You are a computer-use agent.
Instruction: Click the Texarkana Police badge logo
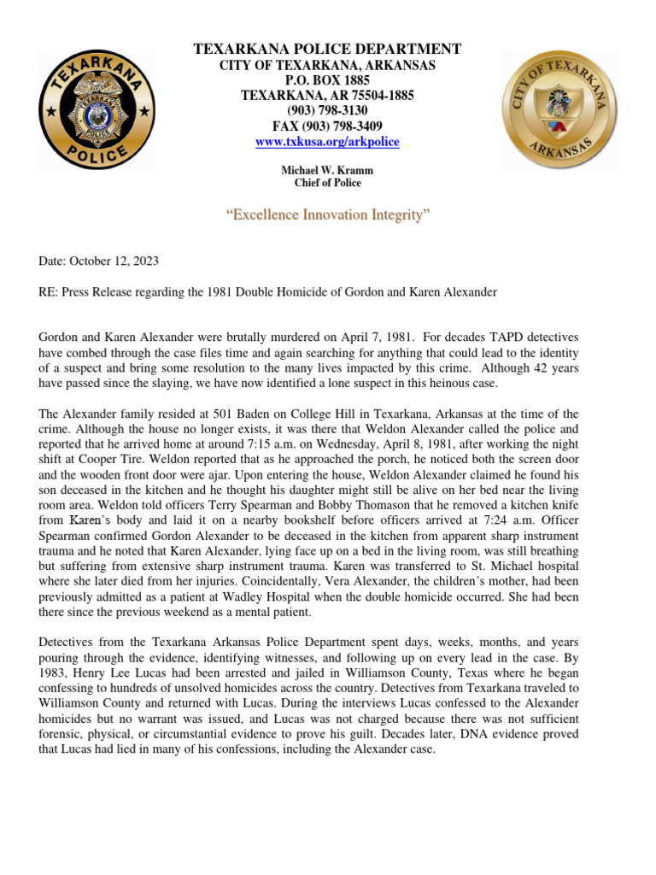pos(97,109)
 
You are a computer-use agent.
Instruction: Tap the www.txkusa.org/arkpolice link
pos(327,142)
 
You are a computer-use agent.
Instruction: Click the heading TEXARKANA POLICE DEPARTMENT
pos(327,50)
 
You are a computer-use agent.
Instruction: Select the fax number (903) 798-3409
pos(327,126)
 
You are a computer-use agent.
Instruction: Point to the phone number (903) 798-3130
pos(327,111)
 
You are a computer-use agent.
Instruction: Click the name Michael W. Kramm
pos(327,171)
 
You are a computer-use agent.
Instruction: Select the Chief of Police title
pos(327,183)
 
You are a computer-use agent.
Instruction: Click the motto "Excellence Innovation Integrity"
pos(327,215)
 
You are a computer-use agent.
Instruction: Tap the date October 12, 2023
pos(114,261)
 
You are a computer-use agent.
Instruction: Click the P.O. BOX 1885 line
pos(327,80)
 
